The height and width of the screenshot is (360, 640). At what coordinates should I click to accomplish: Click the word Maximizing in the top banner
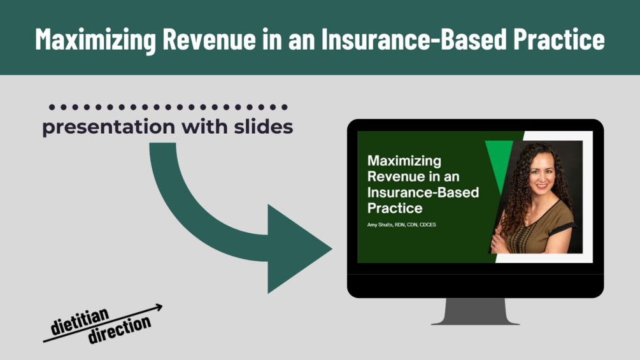tap(96, 39)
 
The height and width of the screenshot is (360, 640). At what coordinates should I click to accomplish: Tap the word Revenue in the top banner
tap(209, 39)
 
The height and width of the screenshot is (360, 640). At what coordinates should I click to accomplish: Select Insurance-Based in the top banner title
tap(414, 39)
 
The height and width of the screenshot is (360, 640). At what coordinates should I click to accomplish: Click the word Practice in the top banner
tap(558, 39)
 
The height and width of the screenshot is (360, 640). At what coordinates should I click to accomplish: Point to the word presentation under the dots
tap(108, 127)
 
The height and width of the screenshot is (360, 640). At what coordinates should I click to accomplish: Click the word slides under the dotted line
tap(263, 127)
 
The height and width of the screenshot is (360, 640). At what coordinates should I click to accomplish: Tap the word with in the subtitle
tap(204, 127)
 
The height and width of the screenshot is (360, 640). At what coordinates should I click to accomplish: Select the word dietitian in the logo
tap(80, 321)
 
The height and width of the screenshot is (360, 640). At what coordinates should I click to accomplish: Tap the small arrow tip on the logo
tap(160, 306)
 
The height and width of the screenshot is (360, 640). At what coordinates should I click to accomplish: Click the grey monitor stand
tap(476, 312)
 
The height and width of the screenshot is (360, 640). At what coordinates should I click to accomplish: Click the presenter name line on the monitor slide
tap(401, 224)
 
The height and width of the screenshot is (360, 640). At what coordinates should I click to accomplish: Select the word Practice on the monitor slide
tap(395, 208)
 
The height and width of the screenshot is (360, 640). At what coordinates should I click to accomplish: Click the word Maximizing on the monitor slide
tap(404, 161)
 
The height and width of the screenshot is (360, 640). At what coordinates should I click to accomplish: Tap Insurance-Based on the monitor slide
tap(423, 192)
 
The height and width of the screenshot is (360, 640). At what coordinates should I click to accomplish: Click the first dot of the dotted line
tap(52, 107)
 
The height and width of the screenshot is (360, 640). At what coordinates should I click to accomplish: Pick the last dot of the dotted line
tap(285, 107)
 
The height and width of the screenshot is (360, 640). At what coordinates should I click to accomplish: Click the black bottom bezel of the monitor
tap(476, 285)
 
